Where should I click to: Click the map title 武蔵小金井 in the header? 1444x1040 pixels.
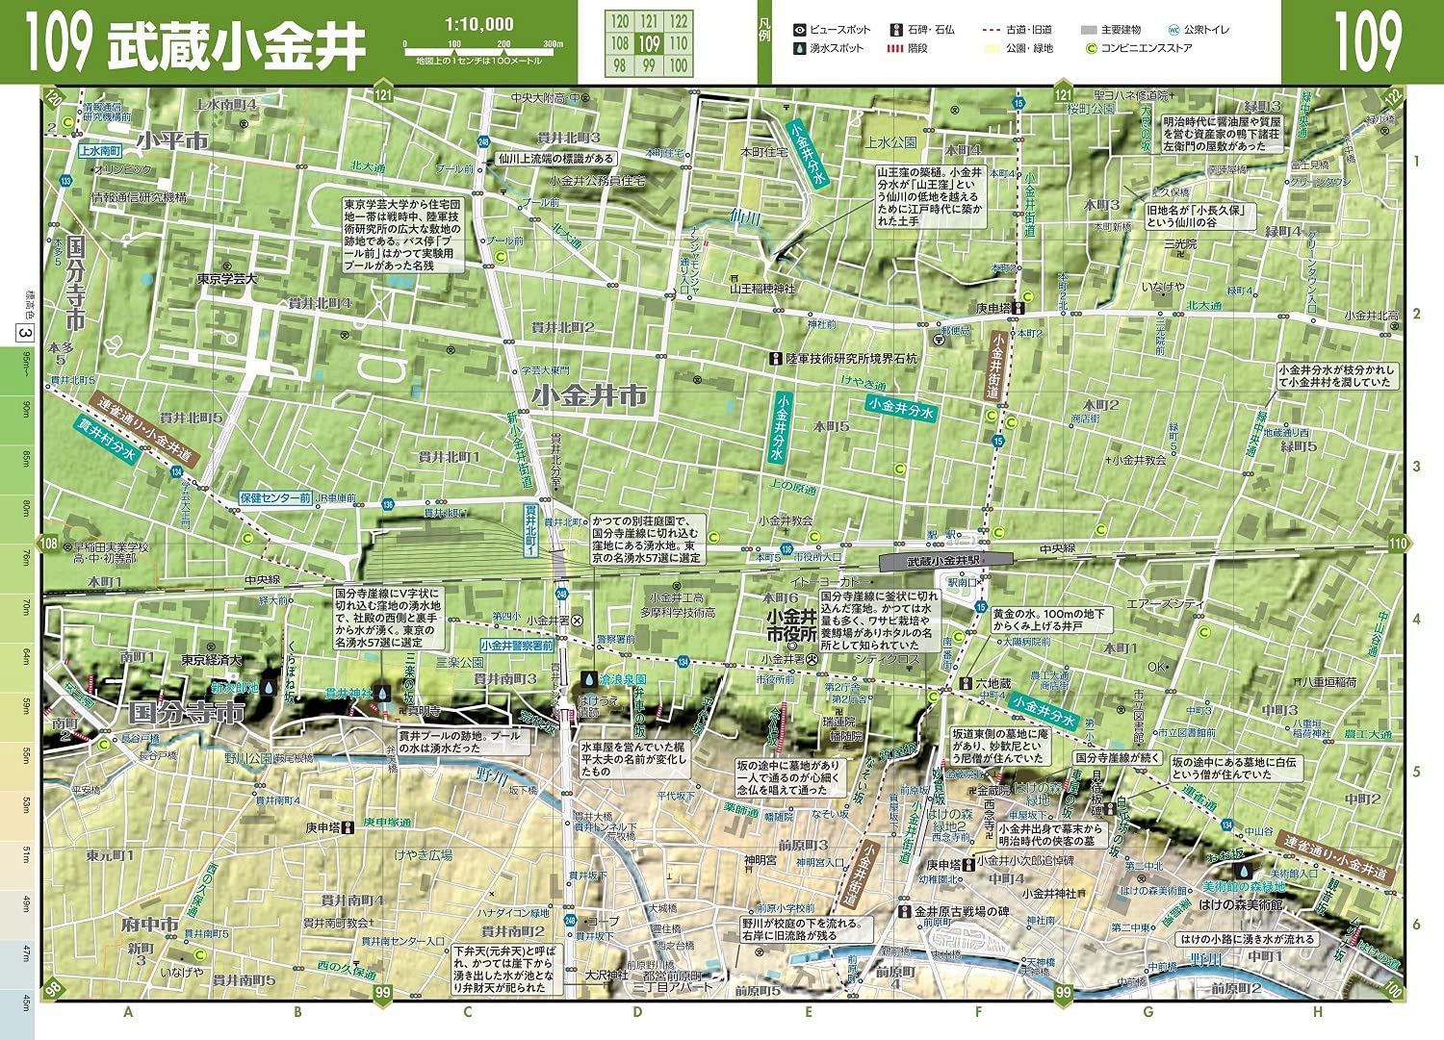tap(236, 44)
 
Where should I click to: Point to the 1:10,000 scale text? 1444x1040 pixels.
tap(478, 24)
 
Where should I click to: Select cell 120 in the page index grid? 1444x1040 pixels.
tap(620, 21)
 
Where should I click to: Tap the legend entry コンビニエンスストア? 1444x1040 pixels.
tap(1146, 48)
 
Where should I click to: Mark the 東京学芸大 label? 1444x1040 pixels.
tap(227, 279)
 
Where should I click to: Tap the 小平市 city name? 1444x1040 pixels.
tap(171, 140)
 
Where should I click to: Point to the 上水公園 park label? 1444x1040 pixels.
tap(890, 142)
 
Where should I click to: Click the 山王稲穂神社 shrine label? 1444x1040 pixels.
tap(762, 288)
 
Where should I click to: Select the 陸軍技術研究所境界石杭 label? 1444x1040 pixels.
tap(851, 359)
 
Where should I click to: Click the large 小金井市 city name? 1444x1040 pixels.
tap(588, 395)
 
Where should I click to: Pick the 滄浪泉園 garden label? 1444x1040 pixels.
tap(622, 679)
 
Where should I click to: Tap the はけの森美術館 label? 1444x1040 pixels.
tap(1240, 905)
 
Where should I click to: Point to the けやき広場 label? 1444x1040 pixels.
tap(423, 854)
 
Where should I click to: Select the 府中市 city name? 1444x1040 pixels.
tap(149, 925)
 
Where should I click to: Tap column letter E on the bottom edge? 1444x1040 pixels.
tap(808, 1011)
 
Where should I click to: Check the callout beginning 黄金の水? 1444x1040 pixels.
tap(1050, 620)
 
